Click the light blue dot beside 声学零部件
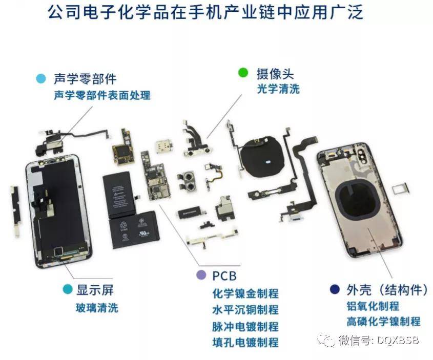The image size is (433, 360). [40, 78]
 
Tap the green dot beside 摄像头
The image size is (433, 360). [243, 73]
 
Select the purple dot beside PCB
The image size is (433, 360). [201, 275]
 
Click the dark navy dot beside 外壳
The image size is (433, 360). [335, 290]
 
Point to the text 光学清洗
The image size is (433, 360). [278, 88]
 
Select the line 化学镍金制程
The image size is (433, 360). [245, 293]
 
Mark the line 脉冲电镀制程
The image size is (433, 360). [245, 326]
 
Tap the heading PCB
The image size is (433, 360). [224, 276]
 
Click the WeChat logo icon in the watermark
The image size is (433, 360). [325, 340]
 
